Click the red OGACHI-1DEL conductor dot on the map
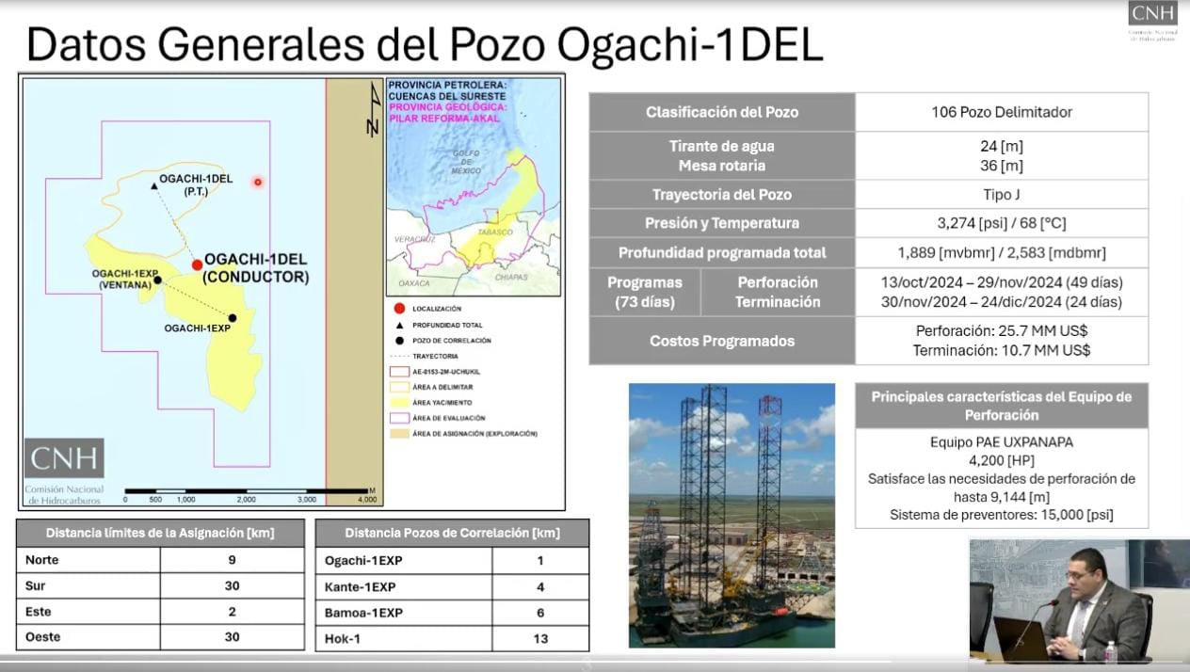pyautogui.click(x=197, y=264)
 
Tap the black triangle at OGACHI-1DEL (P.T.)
pyautogui.click(x=154, y=186)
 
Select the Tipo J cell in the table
pyautogui.click(x=1001, y=195)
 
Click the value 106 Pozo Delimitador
pyautogui.click(x=1001, y=112)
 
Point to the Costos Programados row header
pyautogui.click(x=722, y=341)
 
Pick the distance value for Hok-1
pyautogui.click(x=539, y=639)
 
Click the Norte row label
pyautogui.click(x=42, y=560)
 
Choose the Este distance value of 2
pyautogui.click(x=232, y=612)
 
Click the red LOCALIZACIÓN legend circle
pyautogui.click(x=400, y=309)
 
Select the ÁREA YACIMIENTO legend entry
pyautogui.click(x=442, y=402)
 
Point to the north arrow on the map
pyautogui.click(x=373, y=109)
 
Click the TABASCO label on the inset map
pyautogui.click(x=495, y=232)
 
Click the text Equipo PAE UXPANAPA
pyautogui.click(x=1001, y=442)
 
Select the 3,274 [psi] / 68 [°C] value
pyautogui.click(x=1001, y=223)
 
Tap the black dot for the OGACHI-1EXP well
pyautogui.click(x=232, y=318)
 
